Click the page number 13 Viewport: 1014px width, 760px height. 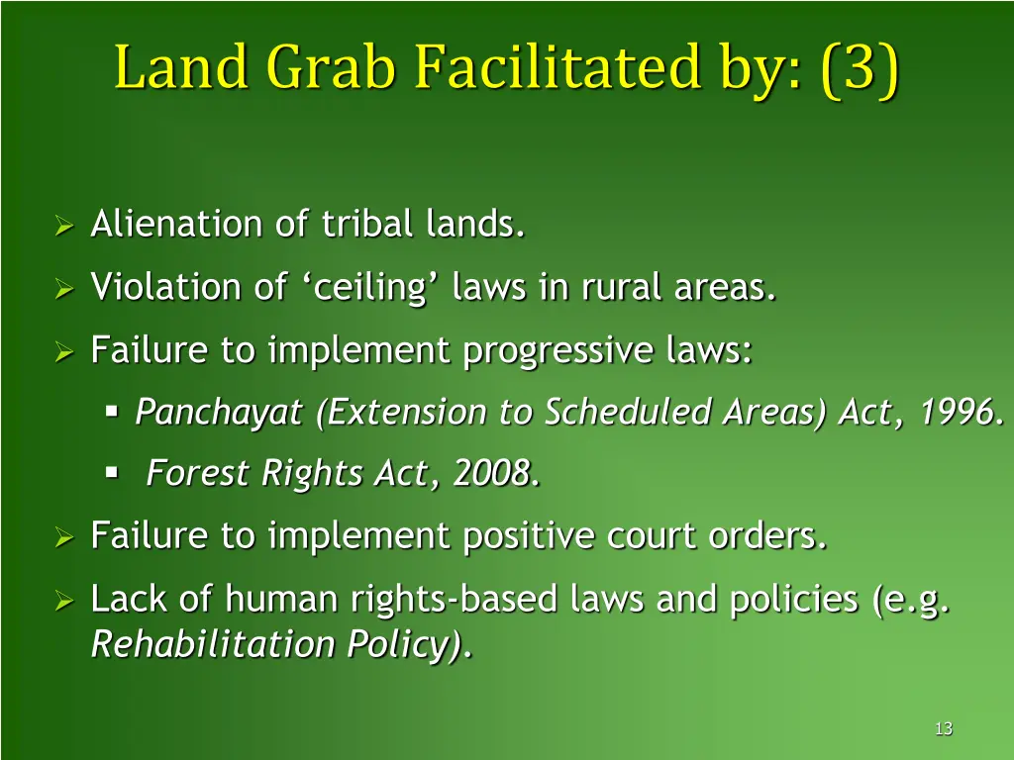[x=943, y=729]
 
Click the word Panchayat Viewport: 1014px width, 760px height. [x=218, y=413]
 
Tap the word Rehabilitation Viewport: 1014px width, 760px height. [x=213, y=644]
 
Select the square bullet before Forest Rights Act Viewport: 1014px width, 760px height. [x=112, y=473]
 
